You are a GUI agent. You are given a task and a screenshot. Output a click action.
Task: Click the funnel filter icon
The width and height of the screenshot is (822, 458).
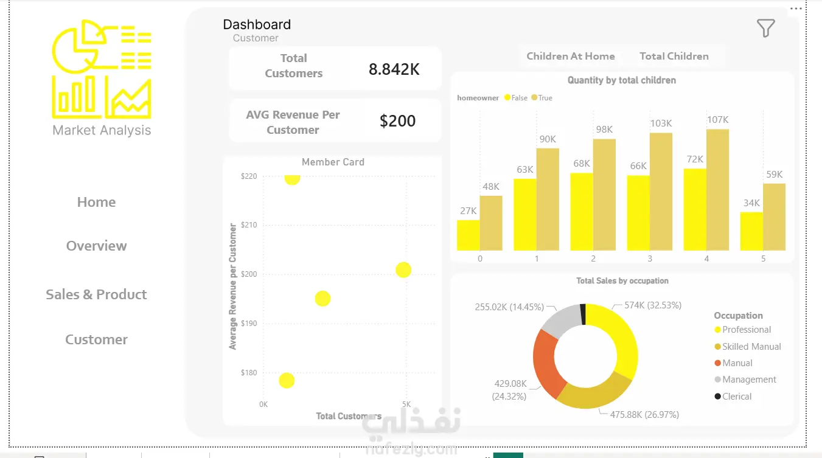point(765,28)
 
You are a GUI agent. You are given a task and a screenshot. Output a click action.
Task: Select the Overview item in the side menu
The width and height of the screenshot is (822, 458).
point(97,246)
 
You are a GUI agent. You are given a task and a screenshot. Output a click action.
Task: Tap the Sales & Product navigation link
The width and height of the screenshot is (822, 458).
point(96,294)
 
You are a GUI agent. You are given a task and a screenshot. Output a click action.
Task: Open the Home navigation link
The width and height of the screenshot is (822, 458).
point(97,202)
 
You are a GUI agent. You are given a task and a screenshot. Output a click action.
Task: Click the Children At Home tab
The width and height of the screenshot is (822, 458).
point(571,56)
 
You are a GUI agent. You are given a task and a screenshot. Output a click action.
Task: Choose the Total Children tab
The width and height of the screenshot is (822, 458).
point(674,56)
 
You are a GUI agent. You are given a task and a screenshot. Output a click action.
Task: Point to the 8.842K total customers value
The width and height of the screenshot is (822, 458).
point(394,69)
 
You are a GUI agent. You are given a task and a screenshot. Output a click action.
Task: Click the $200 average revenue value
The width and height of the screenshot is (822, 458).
point(397,121)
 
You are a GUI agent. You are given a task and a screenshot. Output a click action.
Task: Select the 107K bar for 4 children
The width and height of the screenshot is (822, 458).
point(717,190)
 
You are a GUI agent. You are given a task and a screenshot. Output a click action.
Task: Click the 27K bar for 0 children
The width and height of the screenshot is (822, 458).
point(468,235)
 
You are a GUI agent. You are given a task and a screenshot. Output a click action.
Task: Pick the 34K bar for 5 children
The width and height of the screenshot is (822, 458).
point(751,231)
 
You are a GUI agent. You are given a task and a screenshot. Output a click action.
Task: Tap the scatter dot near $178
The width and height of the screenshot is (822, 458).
point(287,381)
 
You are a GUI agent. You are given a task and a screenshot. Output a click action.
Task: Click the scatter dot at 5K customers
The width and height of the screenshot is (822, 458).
point(403,270)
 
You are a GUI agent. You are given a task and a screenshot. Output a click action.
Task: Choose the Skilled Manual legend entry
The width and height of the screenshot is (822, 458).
point(748,347)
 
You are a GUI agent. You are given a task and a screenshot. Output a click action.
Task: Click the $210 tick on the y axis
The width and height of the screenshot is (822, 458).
point(249,225)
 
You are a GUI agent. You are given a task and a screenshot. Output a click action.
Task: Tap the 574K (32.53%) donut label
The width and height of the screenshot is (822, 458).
point(653,305)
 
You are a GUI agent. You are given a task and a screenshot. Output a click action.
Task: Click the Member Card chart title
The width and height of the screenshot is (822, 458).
point(333,162)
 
